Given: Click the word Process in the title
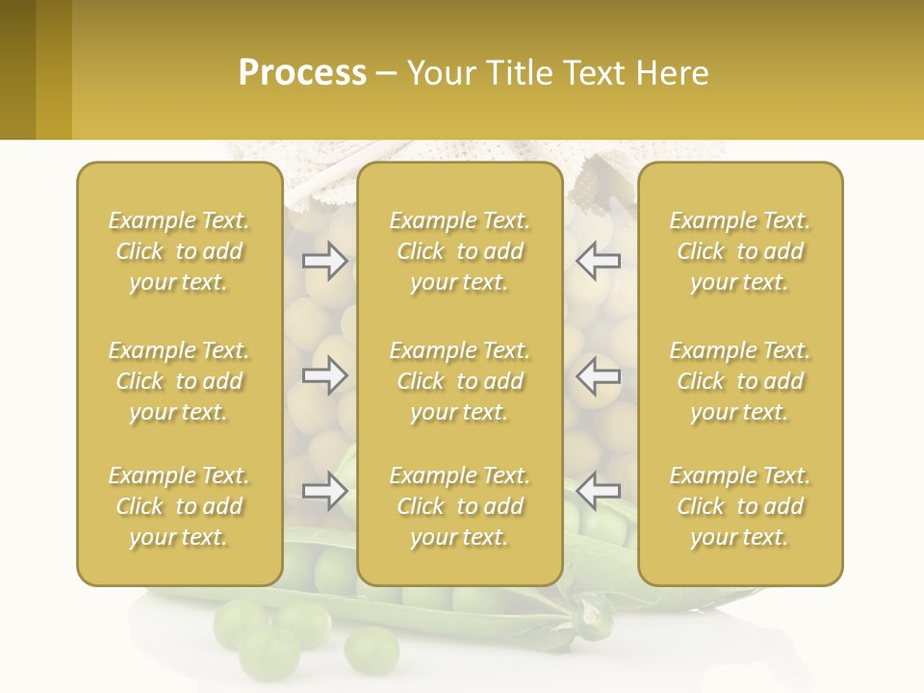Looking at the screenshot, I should [x=302, y=73].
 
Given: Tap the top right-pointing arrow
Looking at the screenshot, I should [x=324, y=261].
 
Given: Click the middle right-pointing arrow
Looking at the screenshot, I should [x=324, y=375].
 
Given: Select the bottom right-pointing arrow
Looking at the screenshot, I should [x=324, y=491].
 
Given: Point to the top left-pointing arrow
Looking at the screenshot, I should [x=599, y=261].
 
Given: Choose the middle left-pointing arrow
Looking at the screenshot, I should [x=599, y=375].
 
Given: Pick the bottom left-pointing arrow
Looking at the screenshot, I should [x=599, y=491].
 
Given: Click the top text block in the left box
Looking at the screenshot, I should [x=179, y=251].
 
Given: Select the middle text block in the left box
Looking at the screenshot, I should [x=179, y=381].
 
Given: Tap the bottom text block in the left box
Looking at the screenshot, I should [x=179, y=506].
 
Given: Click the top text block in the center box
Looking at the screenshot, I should [x=459, y=251].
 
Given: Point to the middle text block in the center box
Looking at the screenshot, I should [x=459, y=381].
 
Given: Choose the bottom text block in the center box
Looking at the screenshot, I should [x=459, y=506].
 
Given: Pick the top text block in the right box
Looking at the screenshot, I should [x=739, y=251].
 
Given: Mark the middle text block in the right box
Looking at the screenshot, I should [x=739, y=381].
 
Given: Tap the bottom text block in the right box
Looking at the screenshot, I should [x=739, y=506].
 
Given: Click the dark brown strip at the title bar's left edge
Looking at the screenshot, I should [x=17, y=69].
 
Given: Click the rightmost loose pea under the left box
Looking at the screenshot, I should [x=371, y=650].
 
